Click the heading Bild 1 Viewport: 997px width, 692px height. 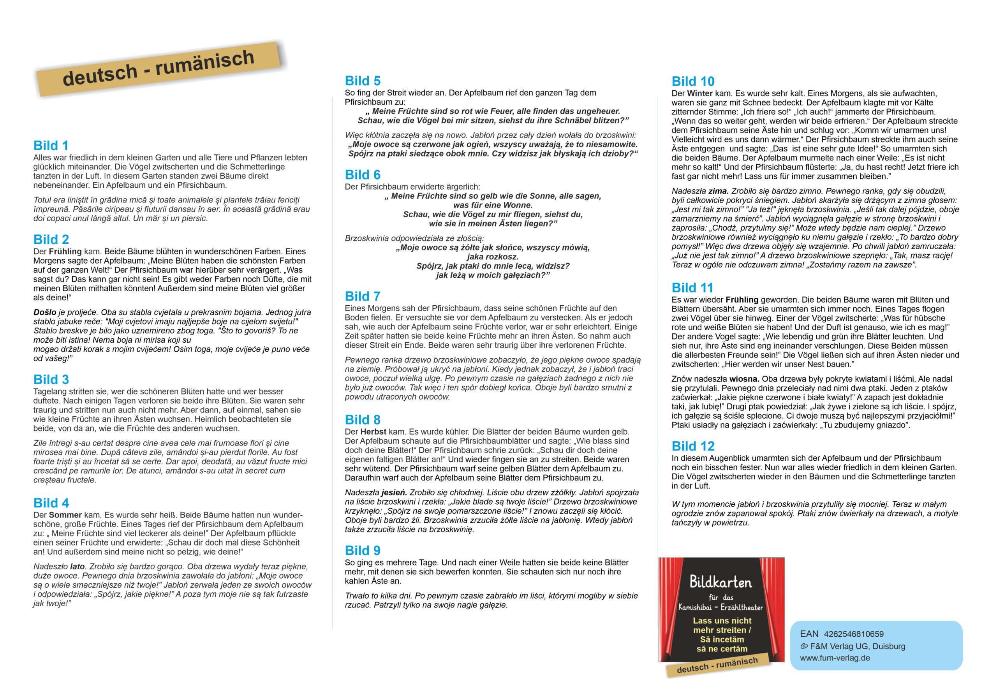[51, 146]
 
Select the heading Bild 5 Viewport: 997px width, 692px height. [362, 81]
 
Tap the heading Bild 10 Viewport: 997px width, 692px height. [692, 81]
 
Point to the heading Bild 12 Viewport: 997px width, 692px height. [692, 446]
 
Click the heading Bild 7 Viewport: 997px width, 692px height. [362, 297]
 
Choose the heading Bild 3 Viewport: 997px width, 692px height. [51, 380]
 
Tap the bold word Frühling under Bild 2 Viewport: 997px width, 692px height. [65, 252]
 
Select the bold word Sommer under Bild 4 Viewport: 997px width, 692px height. [65, 515]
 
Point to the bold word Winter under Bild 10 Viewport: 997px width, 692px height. [699, 93]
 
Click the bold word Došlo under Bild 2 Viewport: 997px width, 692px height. [45, 312]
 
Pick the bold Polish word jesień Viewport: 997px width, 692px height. [394, 493]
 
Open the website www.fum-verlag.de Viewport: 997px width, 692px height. [829, 658]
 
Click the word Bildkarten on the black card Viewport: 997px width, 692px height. [721, 582]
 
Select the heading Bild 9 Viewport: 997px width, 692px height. [362, 551]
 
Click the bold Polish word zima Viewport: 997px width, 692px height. [718, 191]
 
